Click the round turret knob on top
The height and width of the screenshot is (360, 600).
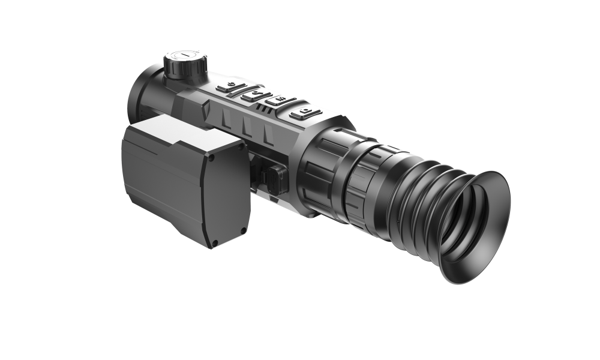pyautogui.click(x=186, y=65)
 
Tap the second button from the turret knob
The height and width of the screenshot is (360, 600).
pyautogui.click(x=256, y=96)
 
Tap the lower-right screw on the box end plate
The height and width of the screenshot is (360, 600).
pyautogui.click(x=242, y=230)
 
